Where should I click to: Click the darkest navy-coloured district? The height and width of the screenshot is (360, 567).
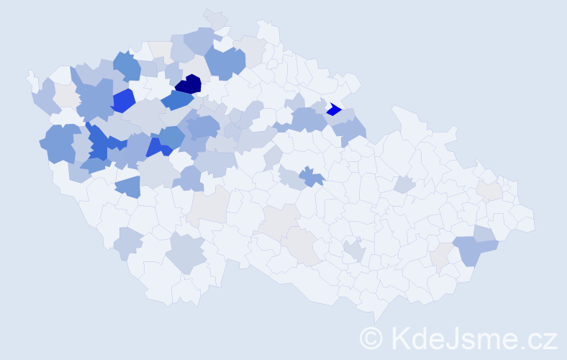coord(189,84)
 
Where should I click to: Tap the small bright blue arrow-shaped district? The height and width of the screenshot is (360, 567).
coord(333,109)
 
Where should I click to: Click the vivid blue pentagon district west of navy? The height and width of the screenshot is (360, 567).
coord(123,100)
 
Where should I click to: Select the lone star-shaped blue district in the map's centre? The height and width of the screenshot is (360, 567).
coord(312,176)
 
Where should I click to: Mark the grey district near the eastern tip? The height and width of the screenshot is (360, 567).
coord(491,191)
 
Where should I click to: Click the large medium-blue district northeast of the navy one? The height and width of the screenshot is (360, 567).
coord(224,63)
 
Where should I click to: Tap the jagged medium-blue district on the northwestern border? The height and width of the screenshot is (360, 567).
coord(127,66)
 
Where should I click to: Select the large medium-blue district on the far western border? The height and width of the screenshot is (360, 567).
coord(59,143)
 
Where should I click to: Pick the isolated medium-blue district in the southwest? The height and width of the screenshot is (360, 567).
coord(128,186)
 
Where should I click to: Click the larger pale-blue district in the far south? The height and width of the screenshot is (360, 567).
coord(188,252)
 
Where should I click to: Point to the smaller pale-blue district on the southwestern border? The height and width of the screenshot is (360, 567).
coord(128,243)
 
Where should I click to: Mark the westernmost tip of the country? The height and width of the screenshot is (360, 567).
coord(30,75)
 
